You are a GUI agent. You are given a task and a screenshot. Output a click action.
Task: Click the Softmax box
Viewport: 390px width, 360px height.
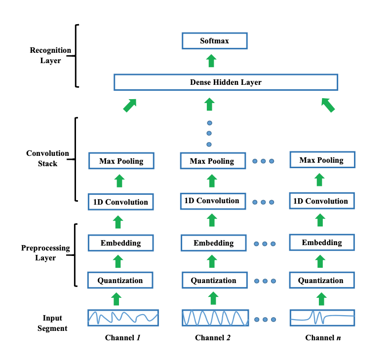214,41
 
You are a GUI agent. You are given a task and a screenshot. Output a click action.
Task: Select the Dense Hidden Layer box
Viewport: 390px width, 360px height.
226,82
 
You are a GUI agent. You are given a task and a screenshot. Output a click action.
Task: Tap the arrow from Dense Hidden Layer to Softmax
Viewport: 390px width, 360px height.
211,61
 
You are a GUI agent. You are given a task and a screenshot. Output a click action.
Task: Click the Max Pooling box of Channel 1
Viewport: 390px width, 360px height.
121,161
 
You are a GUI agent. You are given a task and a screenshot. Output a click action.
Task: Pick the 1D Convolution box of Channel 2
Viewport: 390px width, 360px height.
212,201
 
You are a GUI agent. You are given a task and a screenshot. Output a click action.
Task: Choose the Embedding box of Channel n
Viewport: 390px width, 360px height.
321,243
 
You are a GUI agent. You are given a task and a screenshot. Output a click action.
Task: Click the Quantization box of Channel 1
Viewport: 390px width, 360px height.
120,281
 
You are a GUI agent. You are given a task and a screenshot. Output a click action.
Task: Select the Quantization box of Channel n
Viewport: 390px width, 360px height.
321,281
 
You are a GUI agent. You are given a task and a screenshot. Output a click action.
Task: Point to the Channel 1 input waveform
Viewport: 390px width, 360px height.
123,318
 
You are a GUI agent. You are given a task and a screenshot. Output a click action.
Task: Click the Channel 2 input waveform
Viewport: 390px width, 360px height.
215,318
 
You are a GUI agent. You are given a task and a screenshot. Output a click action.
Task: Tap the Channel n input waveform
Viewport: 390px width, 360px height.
322,318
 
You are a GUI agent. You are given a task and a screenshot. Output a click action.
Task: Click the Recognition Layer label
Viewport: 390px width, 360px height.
50,55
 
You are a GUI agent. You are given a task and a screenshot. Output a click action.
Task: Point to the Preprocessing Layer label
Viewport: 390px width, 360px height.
45,252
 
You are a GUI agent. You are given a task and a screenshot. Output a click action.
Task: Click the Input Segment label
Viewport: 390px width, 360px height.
52,323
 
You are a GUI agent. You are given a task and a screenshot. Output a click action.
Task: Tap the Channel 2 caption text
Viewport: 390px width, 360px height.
213,338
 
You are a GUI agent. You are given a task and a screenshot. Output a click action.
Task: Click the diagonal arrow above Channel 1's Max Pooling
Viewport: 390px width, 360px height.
129,105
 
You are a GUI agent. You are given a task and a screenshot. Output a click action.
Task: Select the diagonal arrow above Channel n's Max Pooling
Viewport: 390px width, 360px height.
328,105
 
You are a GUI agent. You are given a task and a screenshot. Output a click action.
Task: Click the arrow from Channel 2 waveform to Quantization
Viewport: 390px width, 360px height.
213,298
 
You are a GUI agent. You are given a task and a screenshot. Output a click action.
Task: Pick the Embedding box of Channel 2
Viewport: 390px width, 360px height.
213,243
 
